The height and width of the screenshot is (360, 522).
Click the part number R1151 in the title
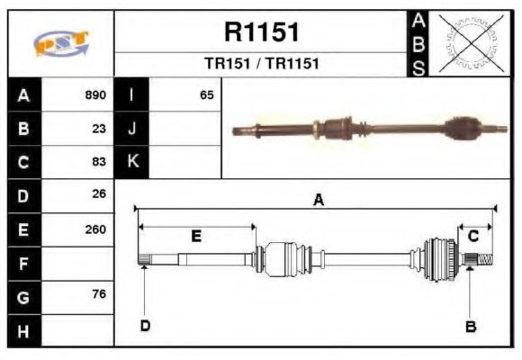[x=261, y=32]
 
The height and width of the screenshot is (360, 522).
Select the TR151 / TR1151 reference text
[x=261, y=64]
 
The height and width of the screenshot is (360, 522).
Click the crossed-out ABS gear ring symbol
[x=469, y=43]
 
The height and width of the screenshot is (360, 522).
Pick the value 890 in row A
[x=95, y=94]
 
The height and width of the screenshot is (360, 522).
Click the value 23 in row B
[x=99, y=128]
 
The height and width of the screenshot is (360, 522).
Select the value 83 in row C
[x=99, y=162]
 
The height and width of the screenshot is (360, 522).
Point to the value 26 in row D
[x=99, y=194]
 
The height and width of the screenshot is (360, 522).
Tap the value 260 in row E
[x=95, y=229]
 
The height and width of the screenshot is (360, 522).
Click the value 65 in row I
[x=206, y=94]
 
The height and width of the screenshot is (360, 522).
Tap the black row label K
[x=132, y=162]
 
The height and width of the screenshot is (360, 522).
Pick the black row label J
[x=132, y=128]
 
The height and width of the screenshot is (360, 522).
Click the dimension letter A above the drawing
[x=318, y=201]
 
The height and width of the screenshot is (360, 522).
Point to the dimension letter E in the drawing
[x=195, y=236]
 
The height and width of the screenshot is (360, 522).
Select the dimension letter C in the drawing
[x=472, y=236]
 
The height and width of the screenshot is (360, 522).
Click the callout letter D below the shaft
[x=144, y=326]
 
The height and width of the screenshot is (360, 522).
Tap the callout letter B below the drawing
[x=470, y=326]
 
